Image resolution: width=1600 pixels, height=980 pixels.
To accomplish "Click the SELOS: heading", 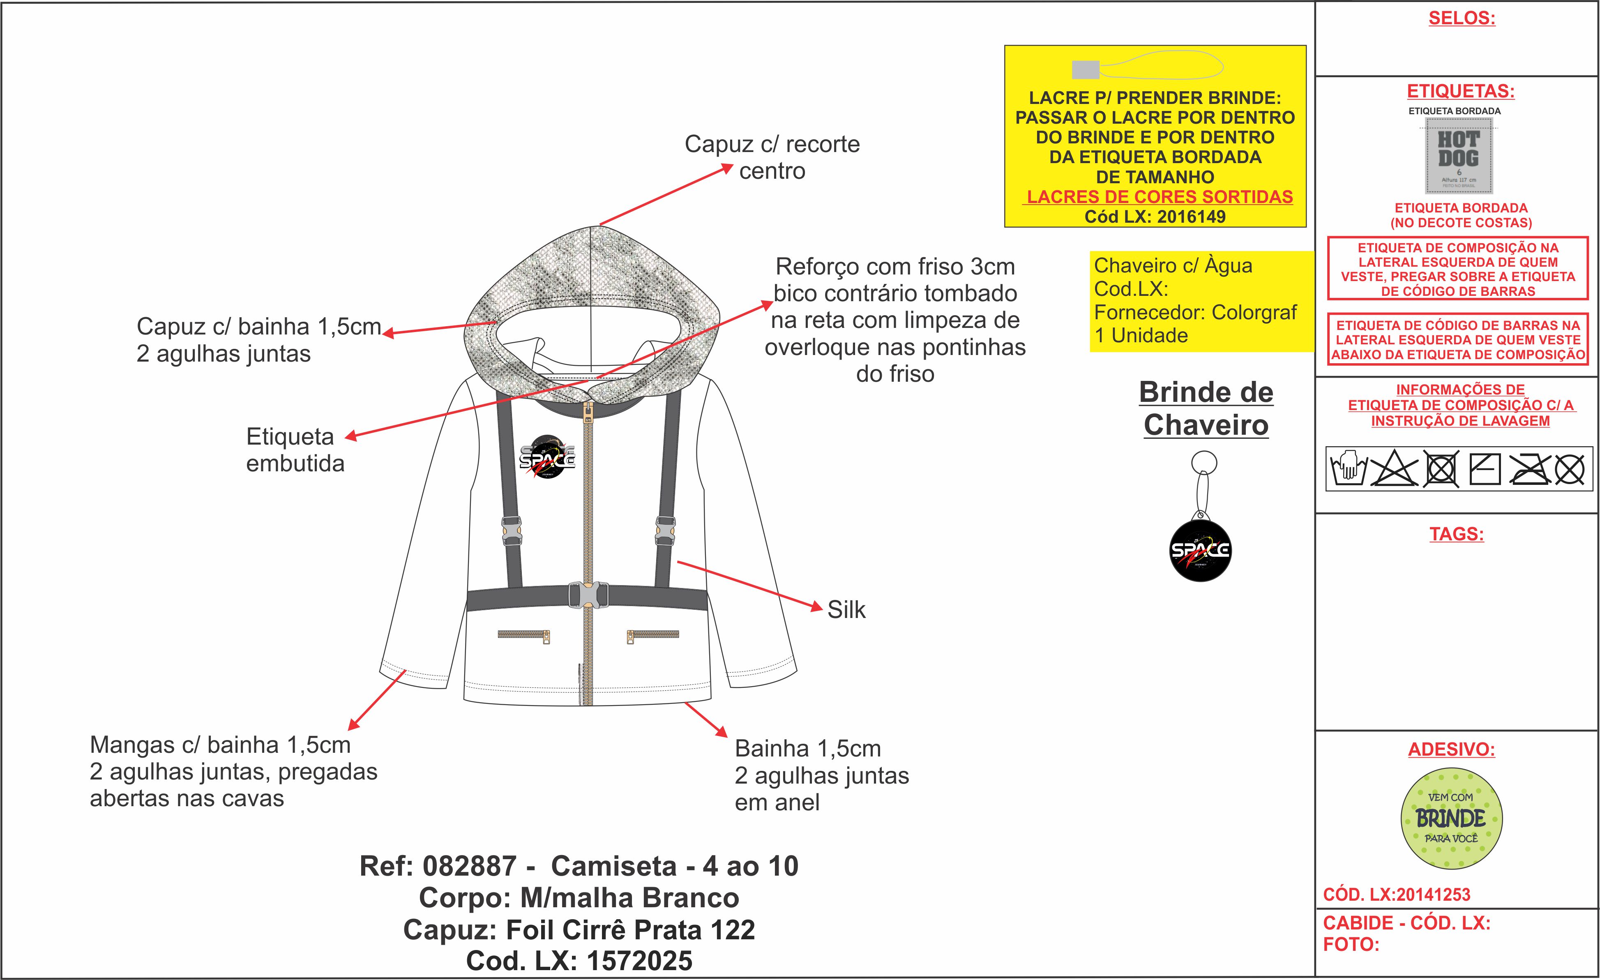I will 1461,18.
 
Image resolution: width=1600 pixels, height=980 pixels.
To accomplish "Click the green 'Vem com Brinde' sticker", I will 1451,818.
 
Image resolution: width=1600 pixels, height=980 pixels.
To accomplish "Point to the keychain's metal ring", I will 1204,463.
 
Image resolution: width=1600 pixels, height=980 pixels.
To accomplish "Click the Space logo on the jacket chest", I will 547,457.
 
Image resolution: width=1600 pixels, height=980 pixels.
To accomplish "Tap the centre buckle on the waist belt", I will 587,595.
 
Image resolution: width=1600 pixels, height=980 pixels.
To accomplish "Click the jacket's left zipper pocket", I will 524,634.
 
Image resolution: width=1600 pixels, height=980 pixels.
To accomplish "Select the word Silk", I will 846,610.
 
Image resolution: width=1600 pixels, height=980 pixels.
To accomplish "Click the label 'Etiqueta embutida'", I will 295,450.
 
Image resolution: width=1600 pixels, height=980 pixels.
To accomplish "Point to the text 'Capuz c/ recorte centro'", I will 772,157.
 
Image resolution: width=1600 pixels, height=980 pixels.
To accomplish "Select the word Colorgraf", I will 1254,312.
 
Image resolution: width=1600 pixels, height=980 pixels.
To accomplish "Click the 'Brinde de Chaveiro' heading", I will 1206,408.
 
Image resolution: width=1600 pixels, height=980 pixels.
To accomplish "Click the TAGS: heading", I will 1457,534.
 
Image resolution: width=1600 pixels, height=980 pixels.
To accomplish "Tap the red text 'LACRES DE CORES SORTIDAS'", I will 1159,197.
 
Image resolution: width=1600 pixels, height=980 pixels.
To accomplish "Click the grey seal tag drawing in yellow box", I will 1085,69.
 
